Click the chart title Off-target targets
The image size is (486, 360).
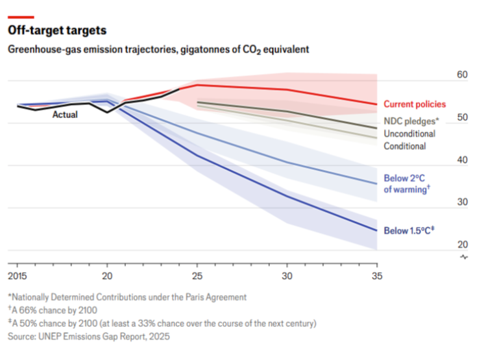pyautogui.click(x=56, y=30)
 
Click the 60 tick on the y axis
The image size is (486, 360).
pyautogui.click(x=462, y=75)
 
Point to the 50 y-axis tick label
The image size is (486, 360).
pyautogui.click(x=462, y=117)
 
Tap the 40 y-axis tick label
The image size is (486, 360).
pyautogui.click(x=462, y=160)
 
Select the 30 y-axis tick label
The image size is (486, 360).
pyautogui.click(x=462, y=202)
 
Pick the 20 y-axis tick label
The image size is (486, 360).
pyautogui.click(x=462, y=244)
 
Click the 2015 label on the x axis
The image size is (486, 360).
pyautogui.click(x=18, y=275)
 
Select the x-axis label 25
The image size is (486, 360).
pyautogui.click(x=197, y=275)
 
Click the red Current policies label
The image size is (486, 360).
pyautogui.click(x=415, y=104)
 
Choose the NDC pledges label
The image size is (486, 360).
pyautogui.click(x=411, y=121)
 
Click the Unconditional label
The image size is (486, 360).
pyautogui.click(x=409, y=134)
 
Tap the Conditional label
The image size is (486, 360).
pyautogui.click(x=405, y=146)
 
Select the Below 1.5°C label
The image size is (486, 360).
pyautogui.click(x=409, y=230)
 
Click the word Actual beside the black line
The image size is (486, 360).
pyautogui.click(x=65, y=115)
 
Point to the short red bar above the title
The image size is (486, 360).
pyautogui.click(x=21, y=18)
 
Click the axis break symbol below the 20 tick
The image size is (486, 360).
pyautogui.click(x=463, y=258)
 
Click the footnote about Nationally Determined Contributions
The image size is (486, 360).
pyautogui.click(x=127, y=297)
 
